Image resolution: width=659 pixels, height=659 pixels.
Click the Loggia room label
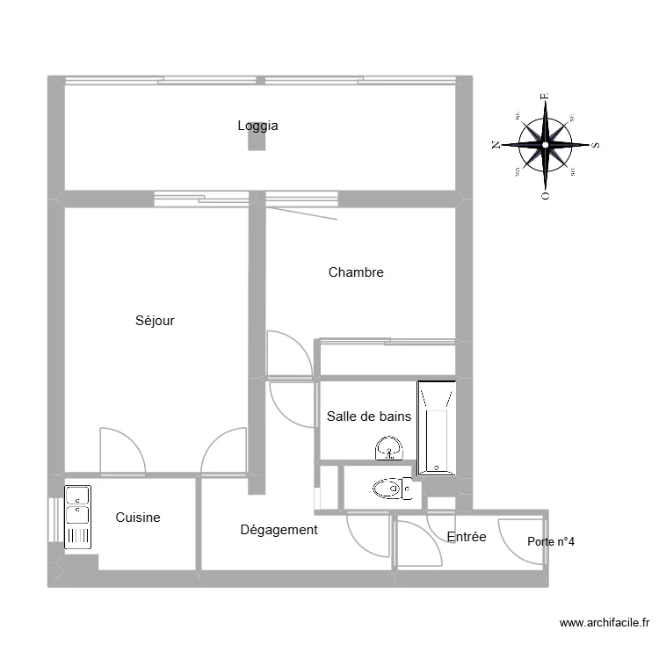[257, 126]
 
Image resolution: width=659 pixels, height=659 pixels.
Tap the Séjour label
[155, 321]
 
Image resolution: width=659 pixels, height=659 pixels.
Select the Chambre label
[356, 272]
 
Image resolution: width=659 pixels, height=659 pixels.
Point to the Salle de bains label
[368, 416]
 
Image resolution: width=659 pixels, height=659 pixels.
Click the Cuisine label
[138, 518]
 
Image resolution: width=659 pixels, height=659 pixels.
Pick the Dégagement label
[279, 530]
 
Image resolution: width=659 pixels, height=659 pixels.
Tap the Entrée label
[467, 537]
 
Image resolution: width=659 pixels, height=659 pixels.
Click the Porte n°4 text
[551, 541]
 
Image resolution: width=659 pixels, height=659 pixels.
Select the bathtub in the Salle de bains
[437, 428]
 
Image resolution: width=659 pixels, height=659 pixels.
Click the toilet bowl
[387, 487]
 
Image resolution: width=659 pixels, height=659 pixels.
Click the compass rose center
[546, 144]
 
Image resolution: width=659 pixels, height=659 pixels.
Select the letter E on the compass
[545, 97]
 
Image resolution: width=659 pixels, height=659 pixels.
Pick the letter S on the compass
[596, 145]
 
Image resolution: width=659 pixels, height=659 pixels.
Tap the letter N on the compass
[496, 145]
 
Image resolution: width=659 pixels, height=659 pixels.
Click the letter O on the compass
[546, 195]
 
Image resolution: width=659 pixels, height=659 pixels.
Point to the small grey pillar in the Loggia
[257, 143]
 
